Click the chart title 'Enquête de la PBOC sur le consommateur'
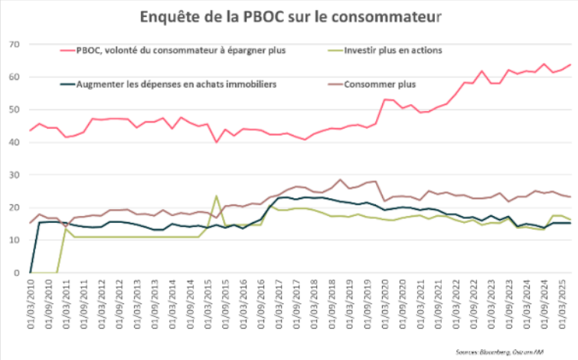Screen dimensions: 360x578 (x=289, y=15)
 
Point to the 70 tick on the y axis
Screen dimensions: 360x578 (x=14, y=44)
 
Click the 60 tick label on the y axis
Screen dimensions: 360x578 (x=14, y=77)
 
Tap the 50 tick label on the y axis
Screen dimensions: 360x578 (x=14, y=110)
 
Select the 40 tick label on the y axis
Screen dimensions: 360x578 (x=14, y=142)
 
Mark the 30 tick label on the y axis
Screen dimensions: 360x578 (x=14, y=175)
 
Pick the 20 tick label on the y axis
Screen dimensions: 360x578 (x=14, y=208)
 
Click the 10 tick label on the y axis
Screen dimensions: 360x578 (x=14, y=240)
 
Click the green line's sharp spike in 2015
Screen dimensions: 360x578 (x=216, y=196)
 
